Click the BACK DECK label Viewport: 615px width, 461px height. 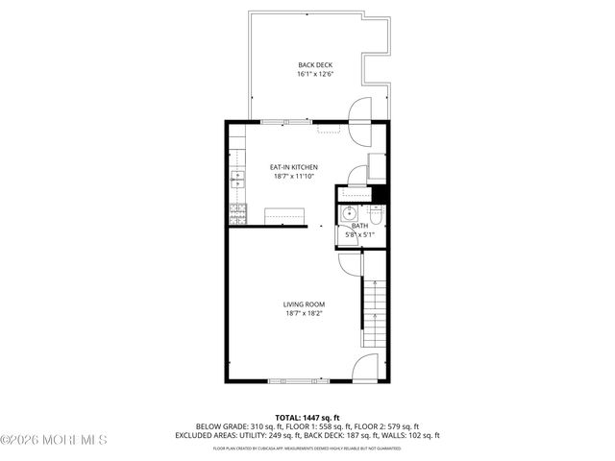tap(315, 64)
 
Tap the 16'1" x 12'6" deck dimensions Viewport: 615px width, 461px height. tap(315, 74)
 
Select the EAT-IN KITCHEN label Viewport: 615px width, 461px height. tap(293, 167)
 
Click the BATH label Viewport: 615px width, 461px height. tap(358, 225)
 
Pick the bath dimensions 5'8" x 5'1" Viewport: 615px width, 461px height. tap(360, 233)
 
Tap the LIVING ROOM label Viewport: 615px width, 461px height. tap(303, 303)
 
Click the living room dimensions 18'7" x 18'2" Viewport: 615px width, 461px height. tap(303, 313)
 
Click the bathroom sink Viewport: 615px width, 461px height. tap(351, 213)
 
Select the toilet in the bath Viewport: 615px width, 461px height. tap(378, 212)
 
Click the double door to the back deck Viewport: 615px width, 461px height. tap(357, 111)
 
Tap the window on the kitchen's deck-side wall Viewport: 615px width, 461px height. tap(285, 121)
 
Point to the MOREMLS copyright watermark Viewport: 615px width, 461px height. tap(54, 440)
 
